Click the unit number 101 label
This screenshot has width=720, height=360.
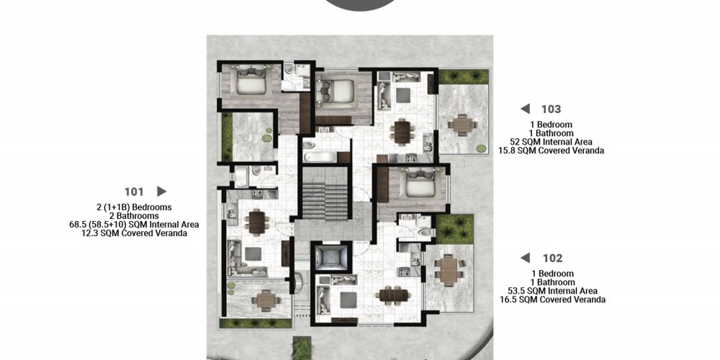(x=134, y=192)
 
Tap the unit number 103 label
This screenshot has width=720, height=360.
(x=551, y=109)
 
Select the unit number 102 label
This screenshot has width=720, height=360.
(x=552, y=258)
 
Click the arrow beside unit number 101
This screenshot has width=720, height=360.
(x=161, y=191)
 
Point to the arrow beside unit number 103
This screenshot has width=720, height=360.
(x=525, y=109)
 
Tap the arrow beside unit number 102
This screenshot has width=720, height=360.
(x=525, y=258)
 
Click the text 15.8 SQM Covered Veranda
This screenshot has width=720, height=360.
(x=551, y=150)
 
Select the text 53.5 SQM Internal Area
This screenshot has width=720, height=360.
(x=552, y=291)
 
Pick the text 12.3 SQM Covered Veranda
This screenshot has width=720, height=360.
(x=134, y=233)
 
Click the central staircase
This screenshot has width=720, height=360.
(x=325, y=193)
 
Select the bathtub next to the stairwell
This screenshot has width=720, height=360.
(x=320, y=156)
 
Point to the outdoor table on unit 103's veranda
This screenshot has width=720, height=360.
(x=462, y=125)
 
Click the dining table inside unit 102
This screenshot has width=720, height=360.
(x=394, y=294)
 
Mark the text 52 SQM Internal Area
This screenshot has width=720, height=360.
(x=551, y=142)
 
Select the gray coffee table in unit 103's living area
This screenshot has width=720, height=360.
(x=403, y=96)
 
